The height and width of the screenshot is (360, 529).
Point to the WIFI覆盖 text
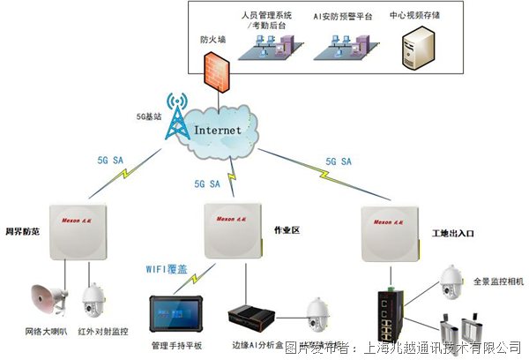pos(173,268)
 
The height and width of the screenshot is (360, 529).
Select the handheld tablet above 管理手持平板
pos(177,310)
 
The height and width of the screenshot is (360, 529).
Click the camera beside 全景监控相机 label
pos(451,281)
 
